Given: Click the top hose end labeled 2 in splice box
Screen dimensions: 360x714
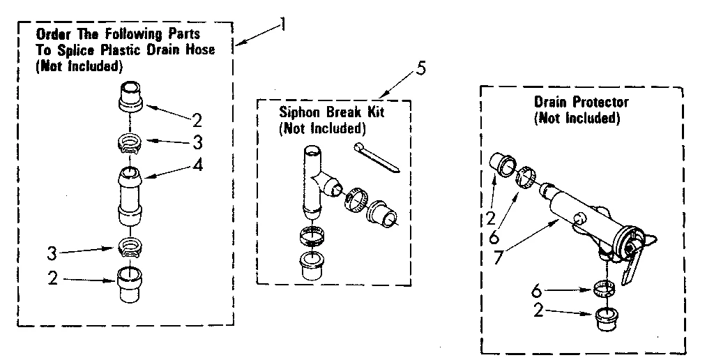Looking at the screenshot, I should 132,96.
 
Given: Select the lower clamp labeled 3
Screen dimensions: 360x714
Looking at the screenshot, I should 130,246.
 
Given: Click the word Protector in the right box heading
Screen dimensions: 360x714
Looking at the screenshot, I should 597,103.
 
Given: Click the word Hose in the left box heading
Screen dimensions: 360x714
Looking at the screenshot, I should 199,50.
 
